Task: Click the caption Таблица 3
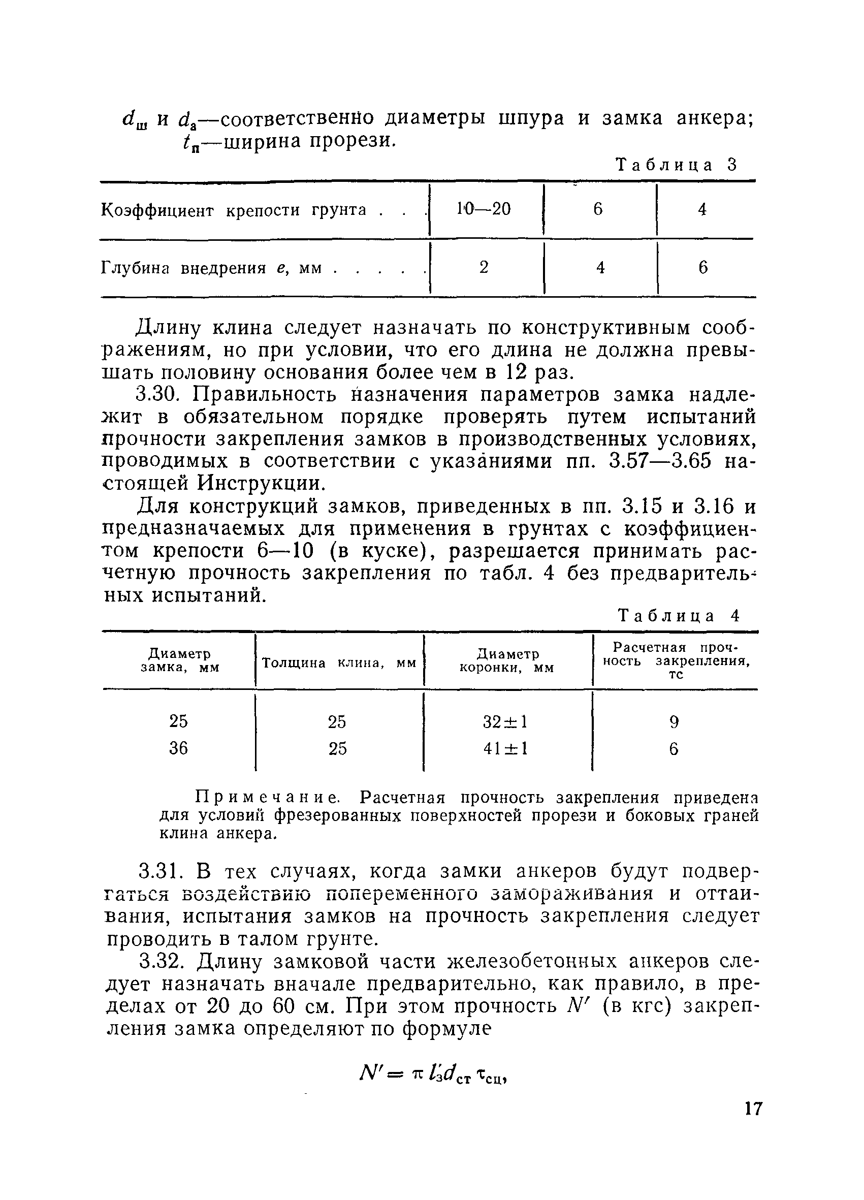[677, 165]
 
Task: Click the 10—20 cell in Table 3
[484, 209]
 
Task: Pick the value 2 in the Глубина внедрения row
[484, 268]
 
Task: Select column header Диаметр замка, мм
[179, 660]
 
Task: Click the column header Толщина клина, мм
[339, 663]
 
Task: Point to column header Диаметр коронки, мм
[507, 661]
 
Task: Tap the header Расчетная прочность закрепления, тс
[676, 660]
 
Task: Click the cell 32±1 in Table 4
[505, 722]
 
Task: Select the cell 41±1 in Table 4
[505, 748]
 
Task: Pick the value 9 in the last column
[674, 722]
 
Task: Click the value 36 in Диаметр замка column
[178, 748]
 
